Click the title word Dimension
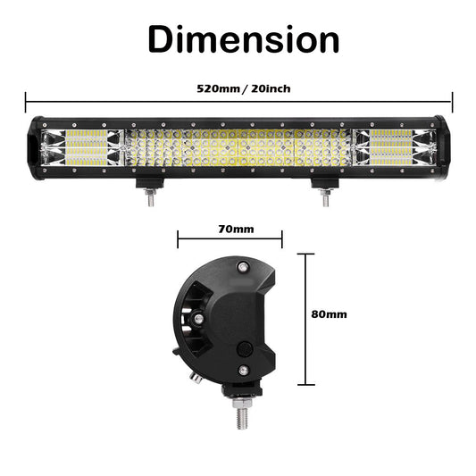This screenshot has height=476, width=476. (x=243, y=39)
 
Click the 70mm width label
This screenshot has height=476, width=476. (x=236, y=229)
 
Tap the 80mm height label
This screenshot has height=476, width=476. (x=330, y=314)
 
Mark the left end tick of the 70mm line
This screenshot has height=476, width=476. (x=179, y=238)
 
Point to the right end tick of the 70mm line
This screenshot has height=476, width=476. (x=282, y=238)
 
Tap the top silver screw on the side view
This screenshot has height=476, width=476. (x=241, y=265)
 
